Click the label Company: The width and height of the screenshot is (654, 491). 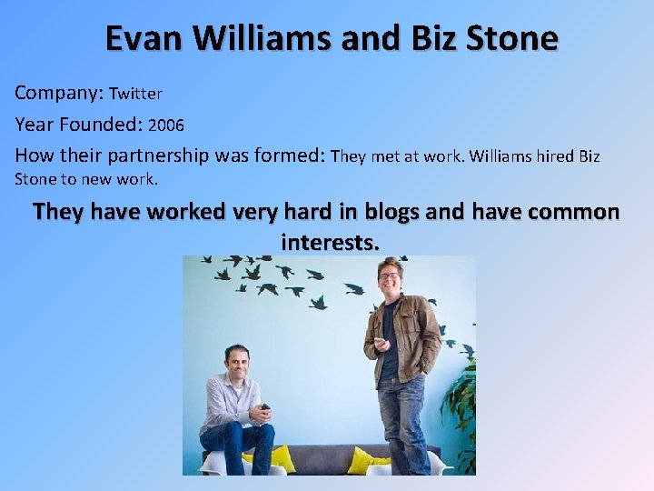[x=59, y=93]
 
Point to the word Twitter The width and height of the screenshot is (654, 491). [x=135, y=94]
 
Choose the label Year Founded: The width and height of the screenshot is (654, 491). [x=79, y=124]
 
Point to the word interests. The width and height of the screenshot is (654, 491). [x=329, y=242]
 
